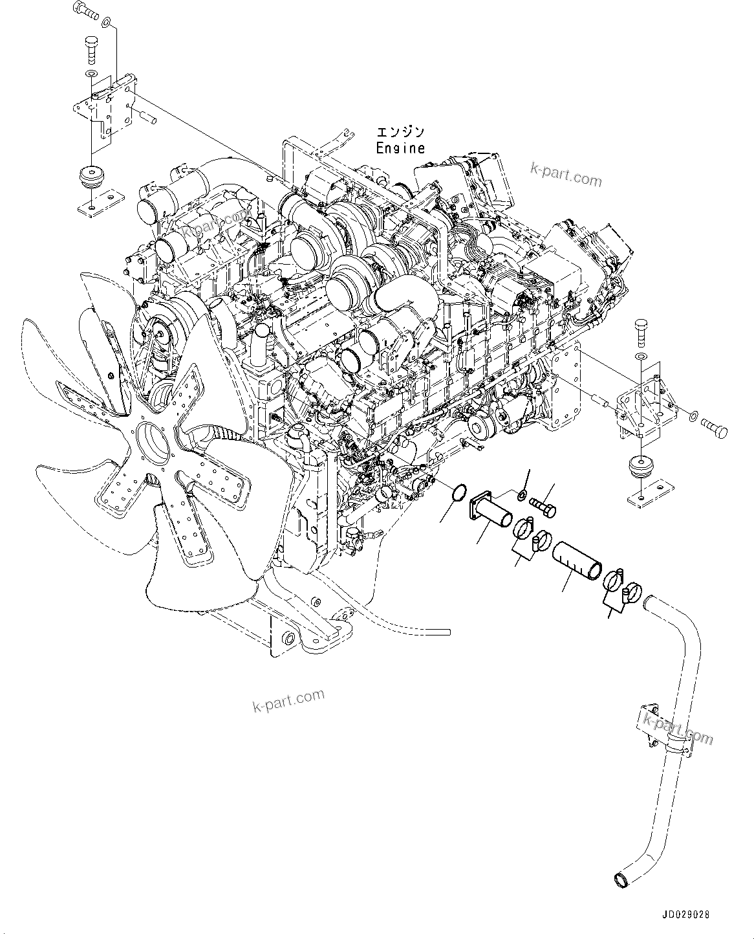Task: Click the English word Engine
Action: pyautogui.click(x=400, y=148)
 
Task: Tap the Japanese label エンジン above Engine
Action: pyautogui.click(x=400, y=132)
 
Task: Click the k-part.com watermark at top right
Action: pyautogui.click(x=566, y=172)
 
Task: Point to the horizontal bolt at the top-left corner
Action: pyautogui.click(x=84, y=9)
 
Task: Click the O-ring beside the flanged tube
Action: pyautogui.click(x=458, y=493)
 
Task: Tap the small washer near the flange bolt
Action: pyautogui.click(x=521, y=496)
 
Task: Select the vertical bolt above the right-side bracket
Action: pyautogui.click(x=640, y=331)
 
